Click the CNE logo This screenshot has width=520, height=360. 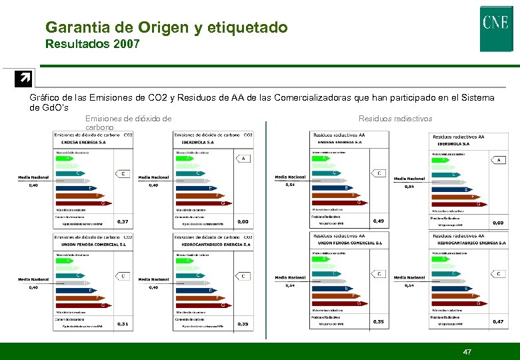coord(496,29)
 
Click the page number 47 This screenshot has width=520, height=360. coord(467,351)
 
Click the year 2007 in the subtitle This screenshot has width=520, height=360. coord(126,45)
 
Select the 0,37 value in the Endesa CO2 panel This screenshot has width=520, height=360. coord(123,221)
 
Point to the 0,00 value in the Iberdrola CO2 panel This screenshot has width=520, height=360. coord(243,221)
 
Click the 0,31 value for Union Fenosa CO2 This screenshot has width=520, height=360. coord(123,324)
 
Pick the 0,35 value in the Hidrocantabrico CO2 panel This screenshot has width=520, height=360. coord(243,324)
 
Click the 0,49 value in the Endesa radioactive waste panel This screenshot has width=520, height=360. coord(379,221)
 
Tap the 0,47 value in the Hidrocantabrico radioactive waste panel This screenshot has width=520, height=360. coord(497,321)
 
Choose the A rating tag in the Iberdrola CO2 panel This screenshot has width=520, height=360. coord(243,158)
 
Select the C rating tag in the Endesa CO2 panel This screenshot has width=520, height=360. coord(123,173)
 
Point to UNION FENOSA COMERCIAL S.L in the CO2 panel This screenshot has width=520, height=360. coord(84,245)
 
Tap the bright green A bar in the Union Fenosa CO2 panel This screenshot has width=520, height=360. coord(68,261)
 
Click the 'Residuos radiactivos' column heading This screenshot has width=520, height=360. coord(395,119)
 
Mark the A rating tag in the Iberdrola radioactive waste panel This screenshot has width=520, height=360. coord(499,160)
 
